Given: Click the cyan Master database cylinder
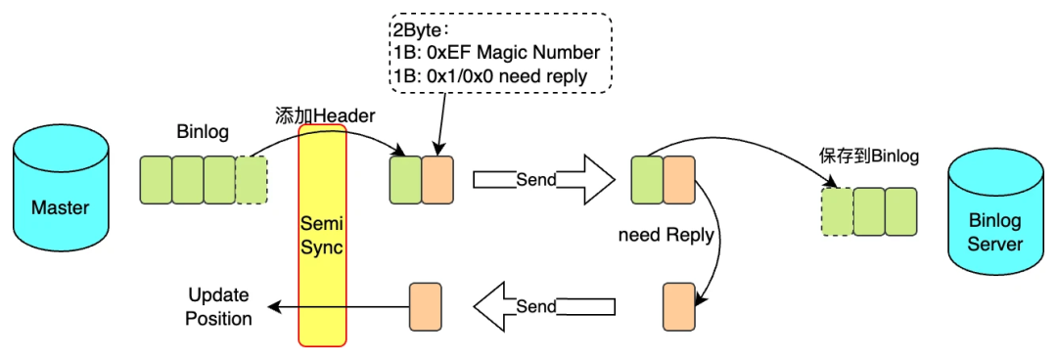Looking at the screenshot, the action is pyautogui.click(x=60, y=197).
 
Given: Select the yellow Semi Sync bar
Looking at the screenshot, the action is pyautogui.click(x=322, y=234).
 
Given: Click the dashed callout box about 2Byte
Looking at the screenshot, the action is pyautogui.click(x=500, y=53).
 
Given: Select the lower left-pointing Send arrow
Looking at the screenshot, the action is pyautogui.click(x=544, y=307).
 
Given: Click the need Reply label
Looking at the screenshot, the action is pyautogui.click(x=666, y=236).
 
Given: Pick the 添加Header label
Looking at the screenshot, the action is pyautogui.click(x=324, y=115).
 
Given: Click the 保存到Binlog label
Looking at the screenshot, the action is pyautogui.click(x=870, y=157).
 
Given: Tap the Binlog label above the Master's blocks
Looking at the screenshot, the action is pyautogui.click(x=204, y=132).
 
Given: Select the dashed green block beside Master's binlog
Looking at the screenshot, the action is pyautogui.click(x=252, y=180).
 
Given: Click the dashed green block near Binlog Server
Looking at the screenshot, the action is pyautogui.click(x=837, y=211).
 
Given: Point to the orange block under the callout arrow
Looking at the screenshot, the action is pyautogui.click(x=437, y=180).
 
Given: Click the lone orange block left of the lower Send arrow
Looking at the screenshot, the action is pyautogui.click(x=426, y=307).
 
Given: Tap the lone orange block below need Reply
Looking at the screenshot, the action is pyautogui.click(x=679, y=307).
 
